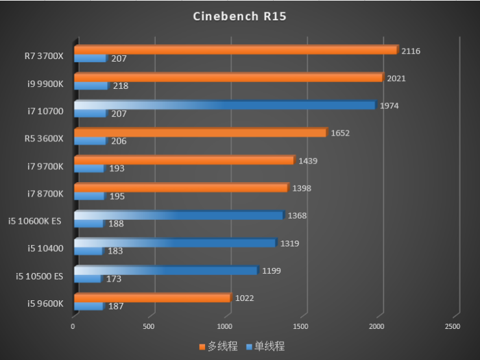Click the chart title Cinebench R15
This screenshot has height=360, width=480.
point(239,16)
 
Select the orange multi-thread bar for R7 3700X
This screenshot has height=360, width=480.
point(235,50)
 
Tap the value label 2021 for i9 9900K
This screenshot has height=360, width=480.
point(396,78)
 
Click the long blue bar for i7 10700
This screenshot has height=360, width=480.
point(224,105)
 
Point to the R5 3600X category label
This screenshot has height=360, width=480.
point(44,138)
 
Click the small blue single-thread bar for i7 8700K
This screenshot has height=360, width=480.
point(89,196)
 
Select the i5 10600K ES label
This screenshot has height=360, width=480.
point(35,221)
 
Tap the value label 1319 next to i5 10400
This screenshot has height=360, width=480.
point(289,244)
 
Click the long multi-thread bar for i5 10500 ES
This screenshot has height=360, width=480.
point(166,270)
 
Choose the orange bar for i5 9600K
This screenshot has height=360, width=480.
point(152,298)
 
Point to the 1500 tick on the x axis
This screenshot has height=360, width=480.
point(301,326)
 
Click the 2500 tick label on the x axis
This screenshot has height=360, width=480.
point(452,326)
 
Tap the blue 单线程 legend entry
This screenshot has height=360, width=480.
point(266,346)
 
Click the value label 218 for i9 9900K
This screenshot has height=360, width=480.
point(120,86)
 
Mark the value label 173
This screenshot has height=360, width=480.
point(113,279)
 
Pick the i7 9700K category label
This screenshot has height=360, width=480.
point(45,165)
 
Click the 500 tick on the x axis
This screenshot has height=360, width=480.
point(149,326)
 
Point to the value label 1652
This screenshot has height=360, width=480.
point(340,134)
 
